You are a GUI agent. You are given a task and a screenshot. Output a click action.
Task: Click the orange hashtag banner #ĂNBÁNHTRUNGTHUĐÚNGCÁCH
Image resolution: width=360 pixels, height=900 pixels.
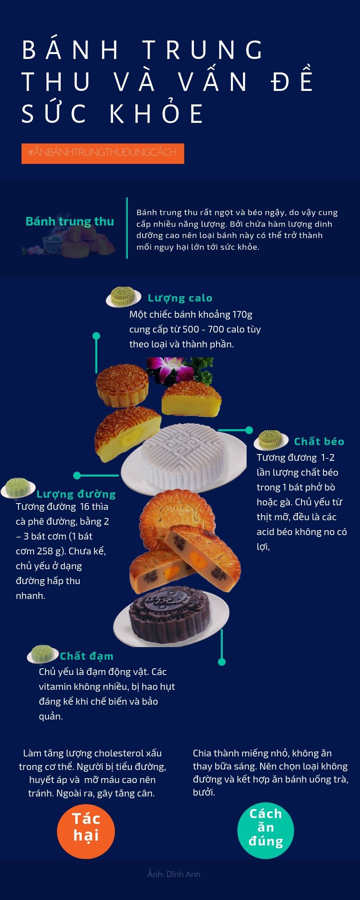(x=103, y=153)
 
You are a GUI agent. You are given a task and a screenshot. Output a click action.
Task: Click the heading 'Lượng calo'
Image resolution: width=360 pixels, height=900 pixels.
(x=180, y=298)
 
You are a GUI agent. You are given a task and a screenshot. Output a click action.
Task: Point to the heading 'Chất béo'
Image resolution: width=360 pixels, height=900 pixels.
(x=319, y=441)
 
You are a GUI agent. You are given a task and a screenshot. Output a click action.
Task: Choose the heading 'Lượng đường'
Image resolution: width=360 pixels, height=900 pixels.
(x=76, y=494)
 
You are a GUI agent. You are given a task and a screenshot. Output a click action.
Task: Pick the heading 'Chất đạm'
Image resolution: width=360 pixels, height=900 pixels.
(x=87, y=656)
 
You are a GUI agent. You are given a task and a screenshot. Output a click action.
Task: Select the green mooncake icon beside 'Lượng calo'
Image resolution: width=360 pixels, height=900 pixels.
(x=123, y=297)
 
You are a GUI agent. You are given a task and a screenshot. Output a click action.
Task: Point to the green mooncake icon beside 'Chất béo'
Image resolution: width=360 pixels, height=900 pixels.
(x=271, y=440)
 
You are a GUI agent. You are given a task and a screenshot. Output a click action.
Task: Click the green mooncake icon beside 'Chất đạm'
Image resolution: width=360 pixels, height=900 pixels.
(x=43, y=654)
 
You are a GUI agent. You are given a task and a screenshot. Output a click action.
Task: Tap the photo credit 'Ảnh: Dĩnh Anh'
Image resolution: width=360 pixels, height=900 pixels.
(x=174, y=874)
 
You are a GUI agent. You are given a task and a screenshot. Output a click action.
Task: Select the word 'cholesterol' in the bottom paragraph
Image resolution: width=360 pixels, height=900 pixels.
(x=118, y=753)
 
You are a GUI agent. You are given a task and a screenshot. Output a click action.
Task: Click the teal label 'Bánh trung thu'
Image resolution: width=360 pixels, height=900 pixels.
(x=70, y=221)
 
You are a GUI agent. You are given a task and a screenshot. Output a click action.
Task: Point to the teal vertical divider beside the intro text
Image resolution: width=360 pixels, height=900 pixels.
(x=127, y=228)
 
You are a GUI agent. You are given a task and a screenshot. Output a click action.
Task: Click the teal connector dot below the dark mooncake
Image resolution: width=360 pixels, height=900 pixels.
(x=221, y=662)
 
